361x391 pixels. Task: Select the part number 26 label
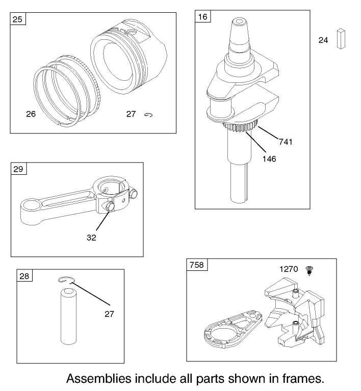click(x=31, y=114)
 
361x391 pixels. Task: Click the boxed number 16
click(x=203, y=17)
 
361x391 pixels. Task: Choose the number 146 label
click(x=269, y=159)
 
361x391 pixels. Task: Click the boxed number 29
click(x=18, y=169)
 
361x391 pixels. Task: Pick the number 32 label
click(x=91, y=237)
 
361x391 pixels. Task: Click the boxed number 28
click(x=24, y=276)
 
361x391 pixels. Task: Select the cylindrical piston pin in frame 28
click(x=68, y=316)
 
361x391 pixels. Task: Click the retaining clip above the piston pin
click(x=65, y=279)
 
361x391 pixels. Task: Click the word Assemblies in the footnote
click(x=98, y=379)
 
